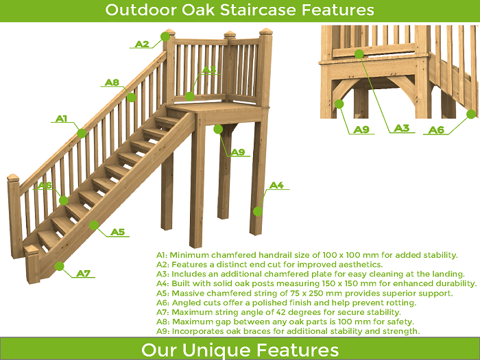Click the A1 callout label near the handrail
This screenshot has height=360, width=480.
pos(62,119)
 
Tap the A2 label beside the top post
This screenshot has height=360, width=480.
pos(142,44)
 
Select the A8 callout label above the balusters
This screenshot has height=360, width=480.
pos(112,82)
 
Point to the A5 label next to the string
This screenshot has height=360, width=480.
pos(118,232)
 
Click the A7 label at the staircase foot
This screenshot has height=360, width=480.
pos(84,274)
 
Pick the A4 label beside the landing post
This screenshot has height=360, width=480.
pos(276,185)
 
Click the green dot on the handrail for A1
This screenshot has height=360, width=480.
pos(82,134)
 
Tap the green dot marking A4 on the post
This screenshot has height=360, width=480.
pos(258,211)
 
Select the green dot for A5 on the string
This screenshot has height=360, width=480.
pos(94,226)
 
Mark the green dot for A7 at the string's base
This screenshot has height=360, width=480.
pos(60,266)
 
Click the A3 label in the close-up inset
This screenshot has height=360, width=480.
pos(402,128)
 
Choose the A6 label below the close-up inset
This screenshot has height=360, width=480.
pos(436,130)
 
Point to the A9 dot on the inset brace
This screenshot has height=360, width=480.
pos(339,104)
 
